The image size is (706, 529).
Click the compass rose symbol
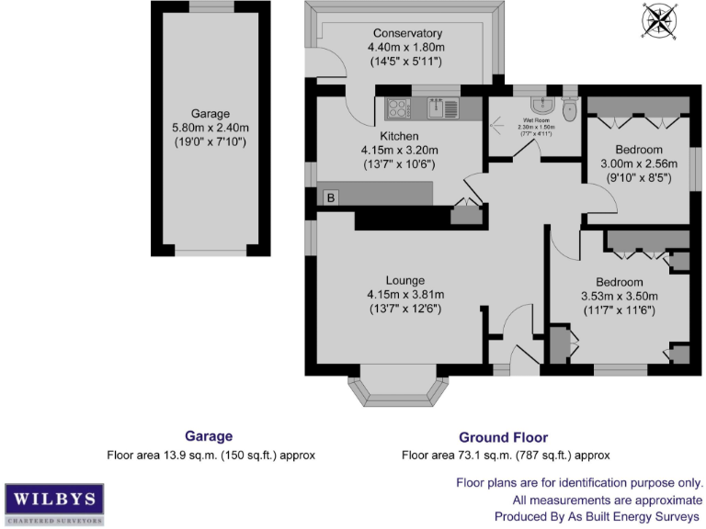pos(659,21)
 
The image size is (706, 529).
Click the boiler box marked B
pos(330,197)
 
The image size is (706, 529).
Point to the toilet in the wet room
pos(569,109)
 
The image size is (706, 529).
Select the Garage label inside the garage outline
pos(211,114)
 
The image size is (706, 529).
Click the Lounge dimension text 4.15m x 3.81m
pos(405,295)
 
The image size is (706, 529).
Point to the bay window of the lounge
pos(400,389)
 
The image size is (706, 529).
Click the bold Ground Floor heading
pos(503,438)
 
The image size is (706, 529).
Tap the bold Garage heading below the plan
pos(209,437)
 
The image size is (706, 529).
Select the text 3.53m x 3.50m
pos(620,297)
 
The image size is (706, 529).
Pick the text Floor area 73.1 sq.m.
pos(460,456)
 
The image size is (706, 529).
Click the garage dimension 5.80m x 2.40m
pos(211,129)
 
